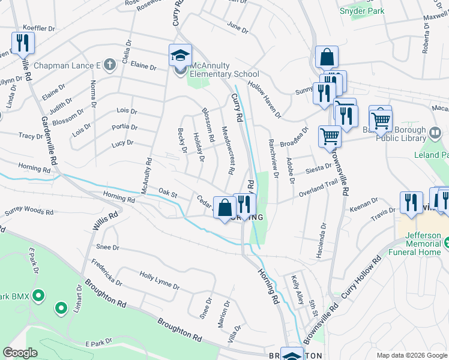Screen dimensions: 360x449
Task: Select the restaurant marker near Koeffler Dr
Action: click(23, 43)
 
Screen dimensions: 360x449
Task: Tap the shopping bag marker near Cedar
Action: click(224, 208)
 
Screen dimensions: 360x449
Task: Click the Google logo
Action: click(20, 353)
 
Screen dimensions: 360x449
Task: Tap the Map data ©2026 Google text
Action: click(411, 355)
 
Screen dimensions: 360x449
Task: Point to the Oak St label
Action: click(168, 193)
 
